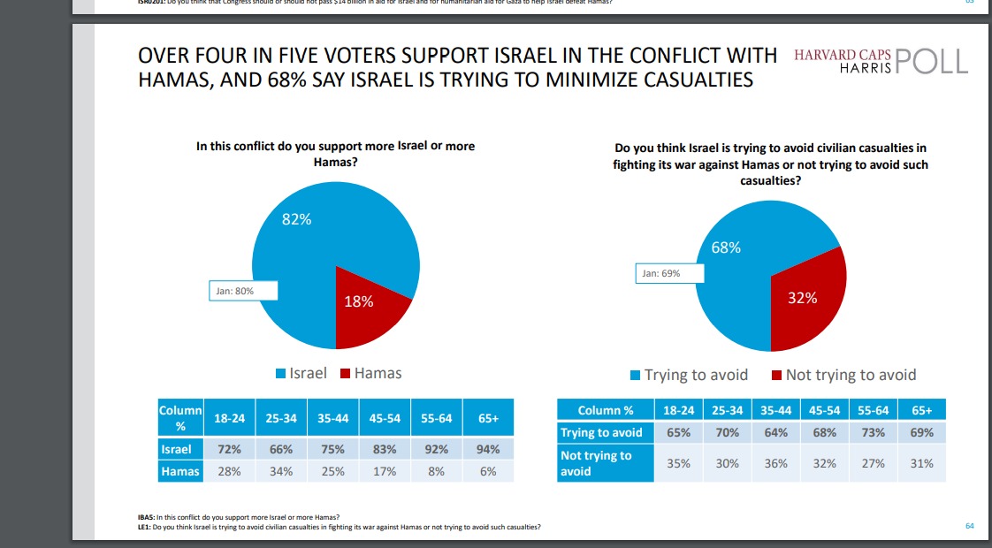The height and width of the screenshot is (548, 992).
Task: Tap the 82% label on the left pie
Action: (296, 219)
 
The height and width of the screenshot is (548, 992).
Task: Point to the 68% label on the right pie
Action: (726, 247)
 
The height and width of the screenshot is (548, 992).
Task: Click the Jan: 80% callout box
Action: (243, 291)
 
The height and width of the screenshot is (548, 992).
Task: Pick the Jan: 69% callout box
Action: (669, 273)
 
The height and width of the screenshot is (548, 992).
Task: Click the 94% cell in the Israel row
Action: (487, 449)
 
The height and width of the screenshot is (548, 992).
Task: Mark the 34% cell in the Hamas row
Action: (282, 472)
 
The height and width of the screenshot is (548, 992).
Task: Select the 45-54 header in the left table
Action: (385, 417)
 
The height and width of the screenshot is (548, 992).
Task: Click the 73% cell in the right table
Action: (874, 433)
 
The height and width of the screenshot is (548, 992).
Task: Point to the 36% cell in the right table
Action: (775, 463)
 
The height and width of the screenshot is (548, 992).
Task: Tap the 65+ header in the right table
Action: (922, 410)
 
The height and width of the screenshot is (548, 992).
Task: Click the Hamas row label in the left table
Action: (180, 472)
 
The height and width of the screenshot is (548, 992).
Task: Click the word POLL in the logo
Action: (932, 61)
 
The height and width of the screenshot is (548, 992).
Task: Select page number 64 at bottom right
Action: (970, 527)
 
